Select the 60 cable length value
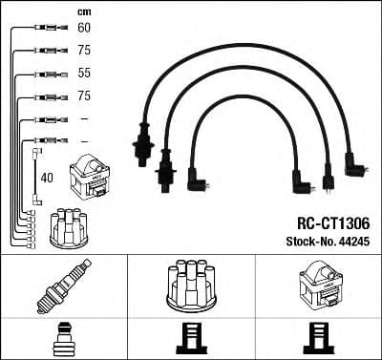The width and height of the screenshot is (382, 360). (x=83, y=29)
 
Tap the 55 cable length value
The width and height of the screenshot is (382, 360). (x=83, y=73)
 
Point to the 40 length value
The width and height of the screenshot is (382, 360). (x=47, y=177)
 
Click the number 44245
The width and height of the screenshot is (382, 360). (x=354, y=242)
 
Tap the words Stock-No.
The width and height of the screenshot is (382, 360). (x=310, y=242)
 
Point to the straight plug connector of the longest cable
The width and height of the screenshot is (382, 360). (x=145, y=143)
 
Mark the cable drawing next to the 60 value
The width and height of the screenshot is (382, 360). (x=44, y=29)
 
